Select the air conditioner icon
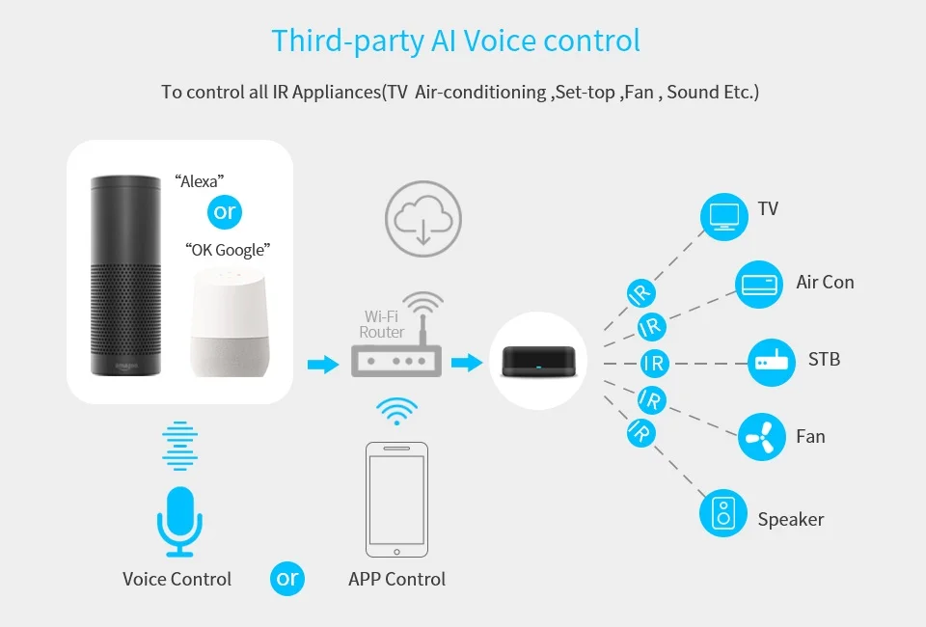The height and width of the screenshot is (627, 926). coord(760,284)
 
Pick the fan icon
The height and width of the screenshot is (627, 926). coord(762,437)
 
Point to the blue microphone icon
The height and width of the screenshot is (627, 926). coord(179,520)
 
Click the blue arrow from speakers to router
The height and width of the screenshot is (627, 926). coord(322,364)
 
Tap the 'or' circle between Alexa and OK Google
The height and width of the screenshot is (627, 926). coord(225,212)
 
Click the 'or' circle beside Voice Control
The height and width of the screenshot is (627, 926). coord(287,579)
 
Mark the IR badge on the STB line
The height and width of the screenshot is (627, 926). coord(654,364)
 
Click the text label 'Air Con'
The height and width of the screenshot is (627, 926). coord(825,283)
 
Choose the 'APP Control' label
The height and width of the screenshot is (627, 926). coord(396,580)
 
